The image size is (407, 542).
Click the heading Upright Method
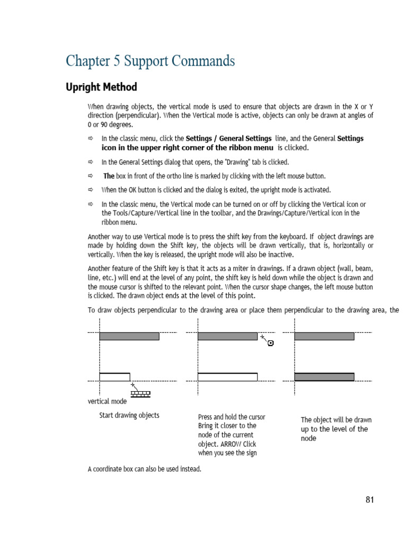101,87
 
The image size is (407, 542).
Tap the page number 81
369,500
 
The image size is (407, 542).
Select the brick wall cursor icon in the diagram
141,393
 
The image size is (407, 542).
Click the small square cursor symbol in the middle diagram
271,344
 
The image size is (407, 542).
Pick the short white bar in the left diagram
114,377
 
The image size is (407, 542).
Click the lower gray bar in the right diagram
324,377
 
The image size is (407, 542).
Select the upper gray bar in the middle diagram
227,336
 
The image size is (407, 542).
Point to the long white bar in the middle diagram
227,377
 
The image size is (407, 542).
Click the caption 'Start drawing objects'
129,415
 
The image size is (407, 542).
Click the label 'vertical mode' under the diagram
107,401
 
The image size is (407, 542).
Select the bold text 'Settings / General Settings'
229,139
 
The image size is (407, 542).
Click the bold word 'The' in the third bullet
109,176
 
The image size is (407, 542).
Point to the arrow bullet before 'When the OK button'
91,190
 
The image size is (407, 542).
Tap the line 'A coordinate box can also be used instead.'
145,469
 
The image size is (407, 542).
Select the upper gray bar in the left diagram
129,336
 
